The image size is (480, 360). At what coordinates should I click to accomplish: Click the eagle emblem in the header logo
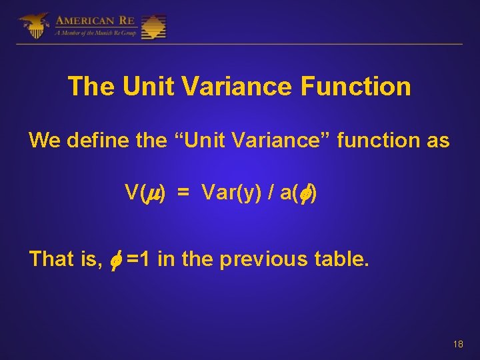[33, 26]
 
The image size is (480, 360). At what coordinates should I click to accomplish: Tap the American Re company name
[96, 21]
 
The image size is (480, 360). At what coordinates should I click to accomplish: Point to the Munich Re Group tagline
[96, 33]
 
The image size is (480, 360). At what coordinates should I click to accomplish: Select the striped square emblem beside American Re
[154, 27]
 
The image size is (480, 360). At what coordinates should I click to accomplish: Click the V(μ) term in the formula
[145, 193]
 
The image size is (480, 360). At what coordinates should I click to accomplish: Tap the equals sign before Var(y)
[183, 193]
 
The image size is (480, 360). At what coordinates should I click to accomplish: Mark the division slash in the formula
[270, 193]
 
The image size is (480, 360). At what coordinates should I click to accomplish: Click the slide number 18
[457, 344]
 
